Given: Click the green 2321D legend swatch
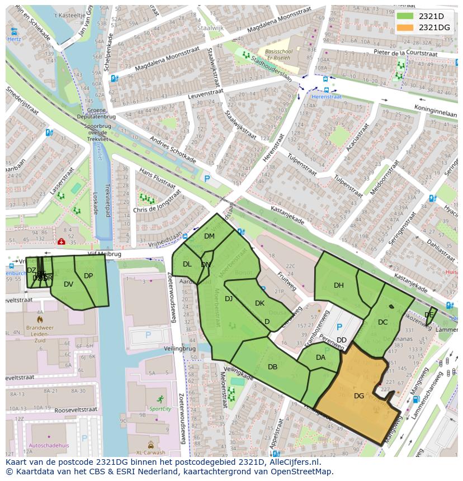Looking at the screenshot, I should click(x=405, y=16).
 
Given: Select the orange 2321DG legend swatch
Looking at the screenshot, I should click(x=405, y=27).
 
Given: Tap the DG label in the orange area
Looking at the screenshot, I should click(x=359, y=396).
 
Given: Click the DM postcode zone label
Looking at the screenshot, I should click(x=209, y=236).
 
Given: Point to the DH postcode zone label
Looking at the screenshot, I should click(x=339, y=285).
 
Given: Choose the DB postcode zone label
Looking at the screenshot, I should click(x=272, y=367).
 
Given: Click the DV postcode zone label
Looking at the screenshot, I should click(x=68, y=284).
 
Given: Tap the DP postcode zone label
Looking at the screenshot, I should click(x=88, y=276).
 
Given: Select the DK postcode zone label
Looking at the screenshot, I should click(x=259, y=303).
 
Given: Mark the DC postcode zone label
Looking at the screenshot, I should click(x=382, y=322).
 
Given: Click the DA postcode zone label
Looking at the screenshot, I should click(x=320, y=358).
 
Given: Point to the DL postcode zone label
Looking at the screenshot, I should click(x=187, y=264).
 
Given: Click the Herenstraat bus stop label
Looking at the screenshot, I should click(x=326, y=97).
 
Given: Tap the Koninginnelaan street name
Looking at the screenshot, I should click(x=436, y=110).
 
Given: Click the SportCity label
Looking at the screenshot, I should click(x=160, y=409).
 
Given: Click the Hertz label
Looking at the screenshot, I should click(x=14, y=39).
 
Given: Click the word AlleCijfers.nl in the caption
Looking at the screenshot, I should click(x=292, y=463).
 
